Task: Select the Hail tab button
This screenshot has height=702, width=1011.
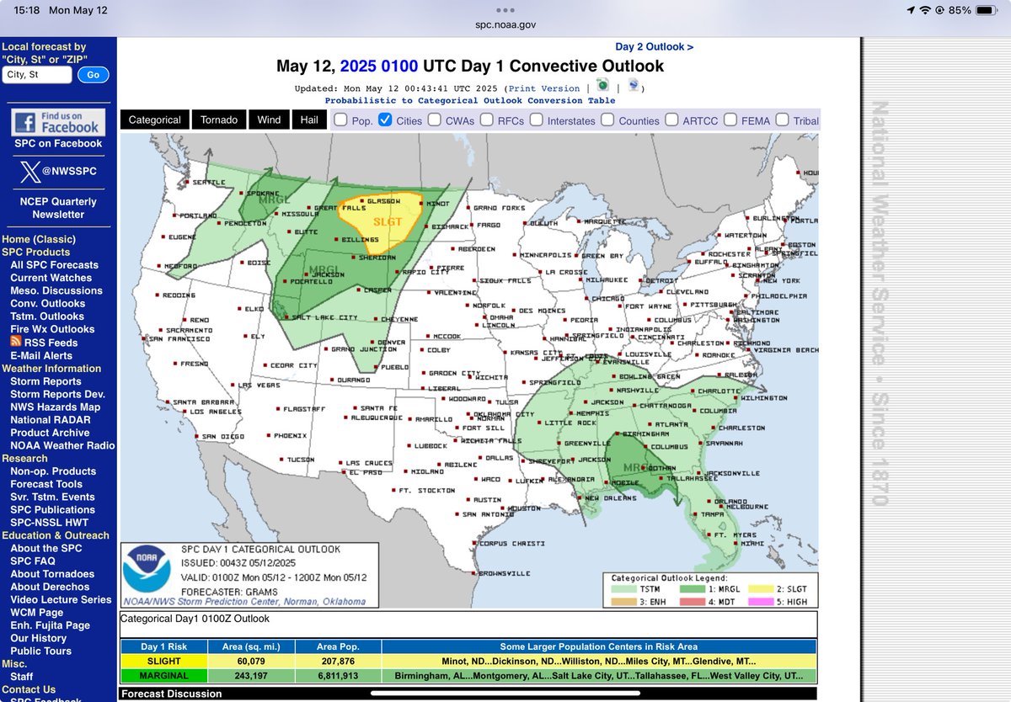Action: click(x=309, y=120)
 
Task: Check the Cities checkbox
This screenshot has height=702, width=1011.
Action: click(x=385, y=120)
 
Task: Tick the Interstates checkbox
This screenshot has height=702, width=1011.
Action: click(x=536, y=120)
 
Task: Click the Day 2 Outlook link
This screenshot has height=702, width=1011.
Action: click(x=654, y=47)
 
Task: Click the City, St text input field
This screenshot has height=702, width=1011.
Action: click(x=37, y=75)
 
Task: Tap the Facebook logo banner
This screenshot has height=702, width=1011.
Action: click(x=58, y=122)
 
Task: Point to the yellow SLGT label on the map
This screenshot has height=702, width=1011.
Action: click(x=389, y=221)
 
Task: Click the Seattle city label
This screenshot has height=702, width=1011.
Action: click(x=208, y=183)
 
